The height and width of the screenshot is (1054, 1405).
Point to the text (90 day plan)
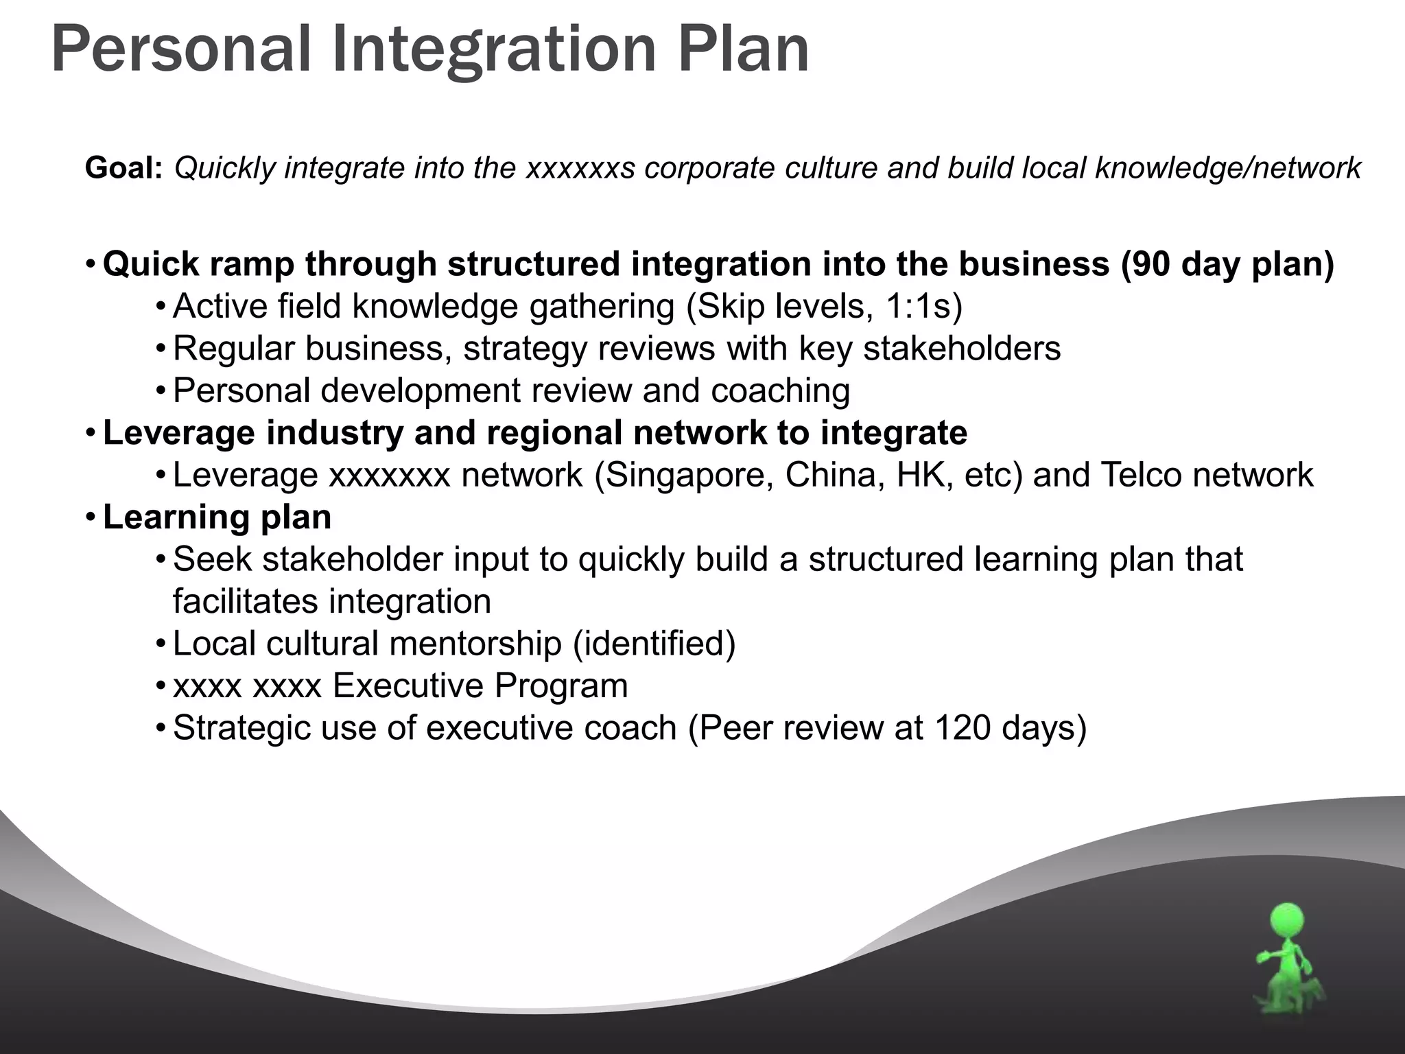1228,264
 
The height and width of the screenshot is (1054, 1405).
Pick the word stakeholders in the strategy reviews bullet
962,349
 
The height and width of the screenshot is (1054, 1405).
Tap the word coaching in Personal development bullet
781,390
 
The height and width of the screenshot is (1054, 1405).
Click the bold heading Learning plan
217,517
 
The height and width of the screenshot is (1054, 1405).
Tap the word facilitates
246,601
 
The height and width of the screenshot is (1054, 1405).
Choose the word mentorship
475,644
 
